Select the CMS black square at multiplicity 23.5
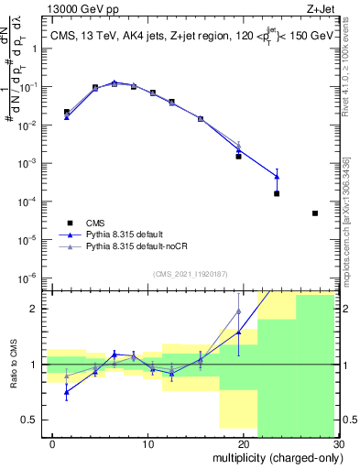276,193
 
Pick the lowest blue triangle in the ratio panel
67,392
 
